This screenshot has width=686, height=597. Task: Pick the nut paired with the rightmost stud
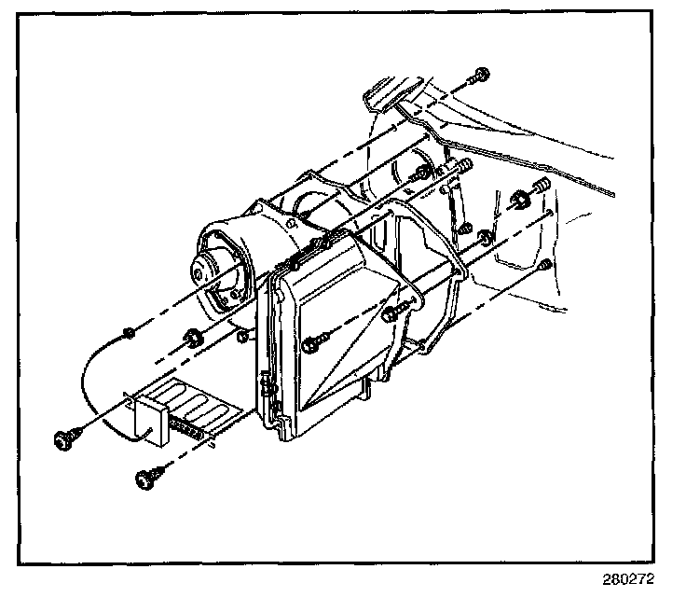point(520,200)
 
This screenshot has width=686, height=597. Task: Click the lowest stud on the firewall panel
point(545,266)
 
